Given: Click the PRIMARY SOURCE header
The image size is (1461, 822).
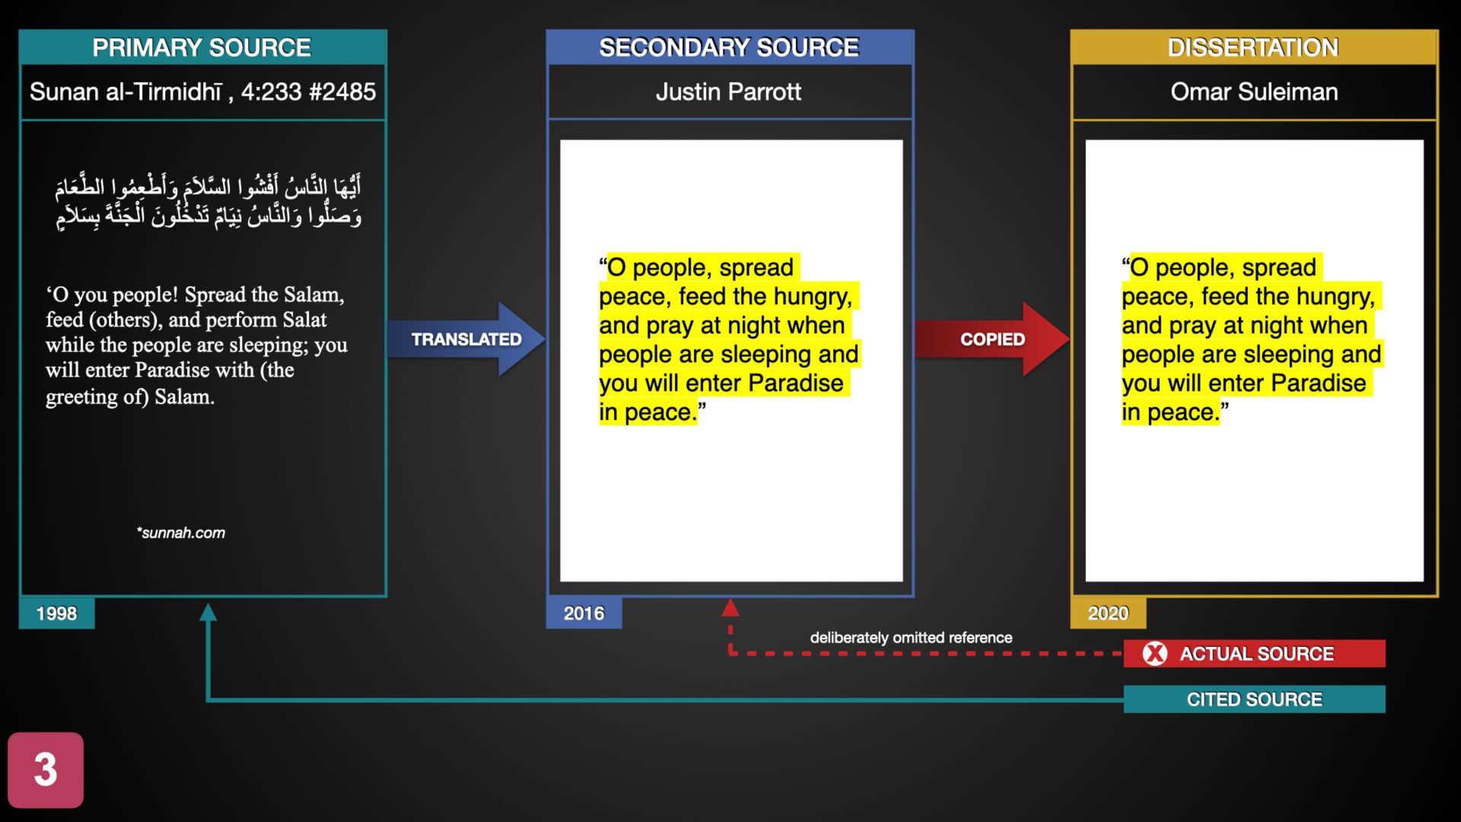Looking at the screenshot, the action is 202,47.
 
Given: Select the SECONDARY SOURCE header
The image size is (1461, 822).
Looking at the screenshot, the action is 729,47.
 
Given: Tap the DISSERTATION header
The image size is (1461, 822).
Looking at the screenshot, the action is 1253,47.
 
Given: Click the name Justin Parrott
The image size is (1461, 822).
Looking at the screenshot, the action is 728,92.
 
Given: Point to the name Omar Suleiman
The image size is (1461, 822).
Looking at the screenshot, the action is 1254,92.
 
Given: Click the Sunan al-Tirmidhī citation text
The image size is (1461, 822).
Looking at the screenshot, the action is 202,92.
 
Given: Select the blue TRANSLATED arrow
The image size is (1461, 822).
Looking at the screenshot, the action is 466,339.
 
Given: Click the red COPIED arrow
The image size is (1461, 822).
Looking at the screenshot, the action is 992,339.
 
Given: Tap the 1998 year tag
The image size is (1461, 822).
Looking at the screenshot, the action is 57,613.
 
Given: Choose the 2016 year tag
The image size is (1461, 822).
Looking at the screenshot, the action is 584,613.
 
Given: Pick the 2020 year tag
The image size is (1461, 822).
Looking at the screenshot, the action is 1108,613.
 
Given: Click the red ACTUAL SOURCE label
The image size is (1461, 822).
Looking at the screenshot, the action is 1255,654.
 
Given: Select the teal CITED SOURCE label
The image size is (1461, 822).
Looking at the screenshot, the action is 1255,699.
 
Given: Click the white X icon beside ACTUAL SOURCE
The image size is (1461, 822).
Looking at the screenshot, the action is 1155,654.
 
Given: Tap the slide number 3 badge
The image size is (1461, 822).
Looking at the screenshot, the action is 46,769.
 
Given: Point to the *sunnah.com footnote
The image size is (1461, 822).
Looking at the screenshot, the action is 181,533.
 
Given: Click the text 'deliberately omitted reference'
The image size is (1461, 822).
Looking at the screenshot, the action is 911,638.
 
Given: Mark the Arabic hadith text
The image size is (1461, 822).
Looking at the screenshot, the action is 208,201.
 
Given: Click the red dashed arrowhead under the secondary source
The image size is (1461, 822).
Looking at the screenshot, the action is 730,607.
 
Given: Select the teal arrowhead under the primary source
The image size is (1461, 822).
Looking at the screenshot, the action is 208,612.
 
